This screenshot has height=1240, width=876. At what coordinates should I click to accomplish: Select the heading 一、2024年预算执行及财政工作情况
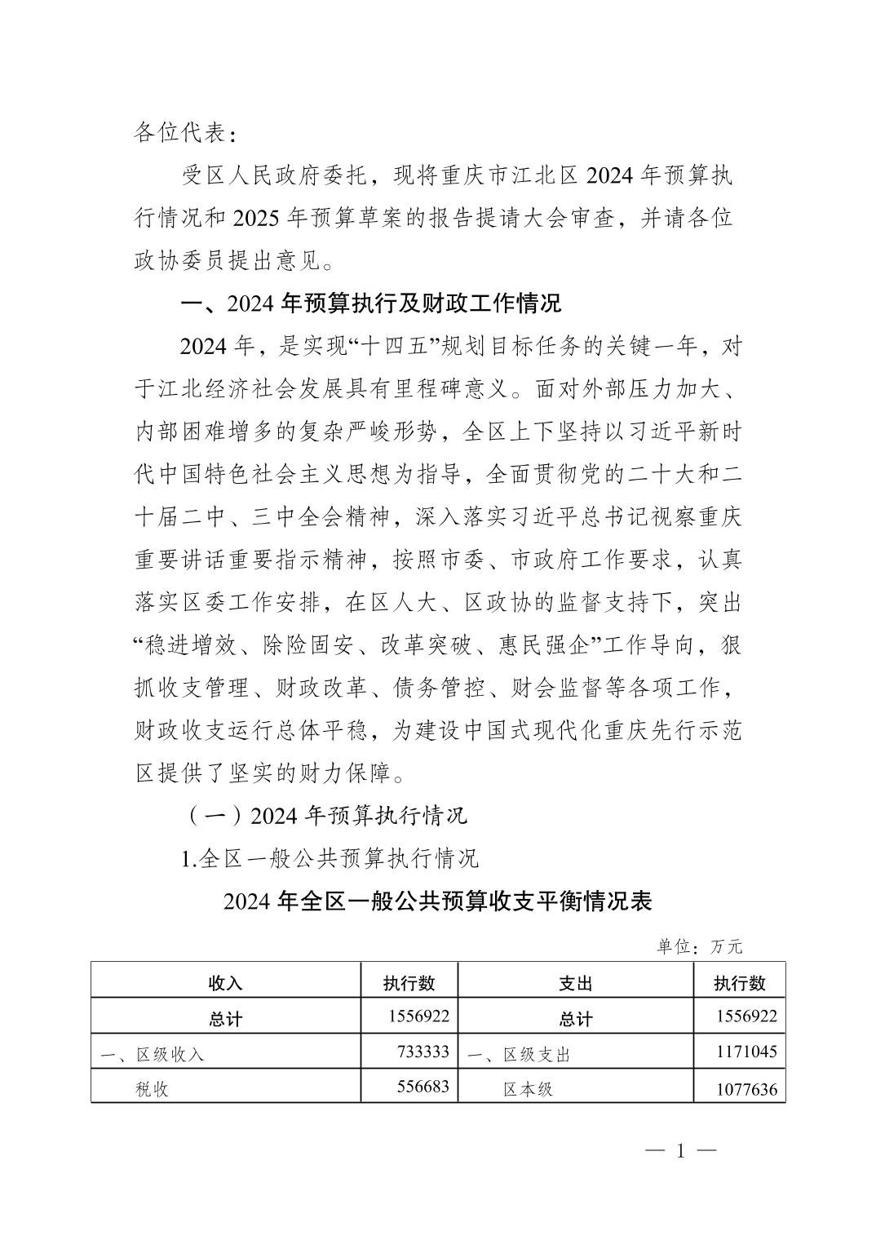371,304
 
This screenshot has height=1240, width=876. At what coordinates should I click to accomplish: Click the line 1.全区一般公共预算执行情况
330,858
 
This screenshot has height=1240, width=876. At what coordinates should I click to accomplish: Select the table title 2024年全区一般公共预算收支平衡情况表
437,901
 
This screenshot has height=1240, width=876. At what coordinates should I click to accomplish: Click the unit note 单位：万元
700,946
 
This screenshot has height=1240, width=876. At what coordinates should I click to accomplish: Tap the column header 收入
225,983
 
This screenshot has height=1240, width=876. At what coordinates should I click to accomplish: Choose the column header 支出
575,983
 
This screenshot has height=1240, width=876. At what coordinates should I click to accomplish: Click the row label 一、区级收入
152,1054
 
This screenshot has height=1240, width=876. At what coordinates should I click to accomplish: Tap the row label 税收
152,1089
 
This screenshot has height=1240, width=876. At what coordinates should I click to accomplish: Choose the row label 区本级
528,1089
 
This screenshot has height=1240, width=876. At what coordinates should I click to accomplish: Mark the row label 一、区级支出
519,1054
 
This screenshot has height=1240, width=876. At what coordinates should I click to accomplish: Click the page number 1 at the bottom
680,1151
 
